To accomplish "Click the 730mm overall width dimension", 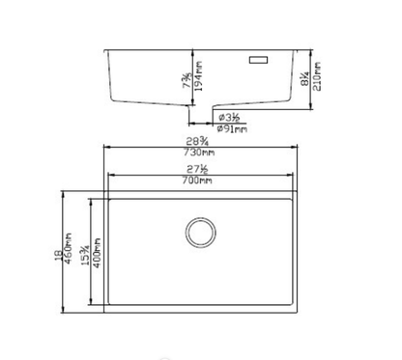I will coord(200,157).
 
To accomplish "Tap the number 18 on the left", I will coord(58,253).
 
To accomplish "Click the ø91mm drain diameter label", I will coord(227,128).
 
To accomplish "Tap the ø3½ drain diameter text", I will coord(227,117).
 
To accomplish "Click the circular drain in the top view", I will coord(200,232).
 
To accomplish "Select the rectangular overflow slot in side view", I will coord(261,60).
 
